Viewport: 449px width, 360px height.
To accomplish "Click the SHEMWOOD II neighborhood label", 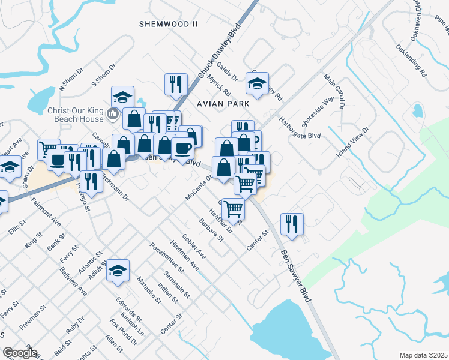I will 168,24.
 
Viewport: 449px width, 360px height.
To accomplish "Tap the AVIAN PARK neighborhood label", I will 223,103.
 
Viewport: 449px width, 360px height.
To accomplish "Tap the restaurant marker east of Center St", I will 292,224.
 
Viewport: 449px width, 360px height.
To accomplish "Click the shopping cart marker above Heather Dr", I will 232,209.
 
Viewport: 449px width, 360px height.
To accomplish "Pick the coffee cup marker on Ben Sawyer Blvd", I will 182,148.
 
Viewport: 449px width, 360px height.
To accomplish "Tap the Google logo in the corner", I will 20,353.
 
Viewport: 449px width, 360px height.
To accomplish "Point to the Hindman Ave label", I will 184,256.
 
